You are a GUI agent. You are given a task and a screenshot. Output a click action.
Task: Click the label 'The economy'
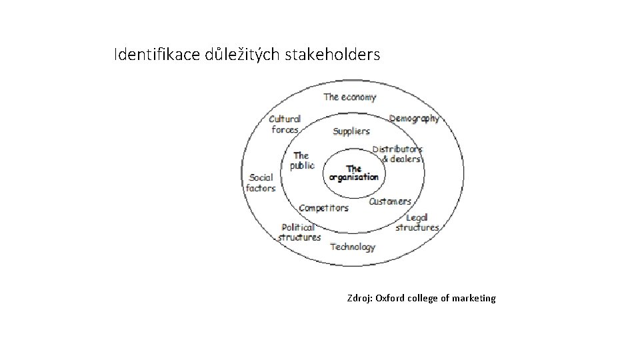coord(349,97)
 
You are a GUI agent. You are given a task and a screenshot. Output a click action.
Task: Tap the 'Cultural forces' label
coord(285,124)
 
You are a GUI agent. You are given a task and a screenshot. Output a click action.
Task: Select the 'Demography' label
coord(414,119)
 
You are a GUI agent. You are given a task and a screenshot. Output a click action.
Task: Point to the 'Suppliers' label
coord(351,131)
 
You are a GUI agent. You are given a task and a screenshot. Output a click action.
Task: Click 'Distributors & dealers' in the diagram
coord(398,154)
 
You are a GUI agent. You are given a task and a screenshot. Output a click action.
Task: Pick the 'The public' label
coord(301,161)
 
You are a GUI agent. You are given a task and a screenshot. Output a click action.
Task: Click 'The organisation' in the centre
coord(354,173)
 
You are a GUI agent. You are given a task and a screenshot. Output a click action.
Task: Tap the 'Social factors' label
coord(261,183)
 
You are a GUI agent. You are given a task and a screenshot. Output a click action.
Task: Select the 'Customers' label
coord(390,201)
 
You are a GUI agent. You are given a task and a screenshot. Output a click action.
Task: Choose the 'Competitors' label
coord(323,208)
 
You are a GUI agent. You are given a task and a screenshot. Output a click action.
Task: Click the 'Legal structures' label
coord(417,222)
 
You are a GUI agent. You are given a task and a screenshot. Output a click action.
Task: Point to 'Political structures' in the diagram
coord(299,232)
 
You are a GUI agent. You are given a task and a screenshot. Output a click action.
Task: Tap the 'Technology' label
coord(353,247)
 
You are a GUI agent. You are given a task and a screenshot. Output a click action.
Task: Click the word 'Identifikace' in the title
coord(150,54)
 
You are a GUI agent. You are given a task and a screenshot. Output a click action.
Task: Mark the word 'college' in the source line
coord(424,298)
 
